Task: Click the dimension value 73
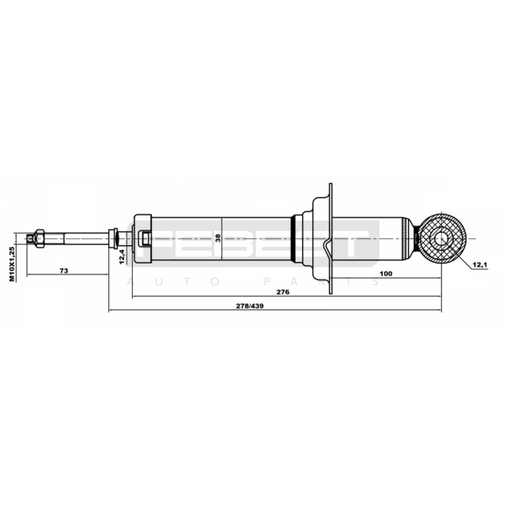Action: point(64,271)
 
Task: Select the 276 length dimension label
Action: point(283,292)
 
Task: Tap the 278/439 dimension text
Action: point(250,306)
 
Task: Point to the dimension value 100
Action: point(386,274)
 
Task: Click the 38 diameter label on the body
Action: point(218,238)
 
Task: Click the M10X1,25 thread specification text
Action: point(12,264)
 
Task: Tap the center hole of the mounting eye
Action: point(441,239)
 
